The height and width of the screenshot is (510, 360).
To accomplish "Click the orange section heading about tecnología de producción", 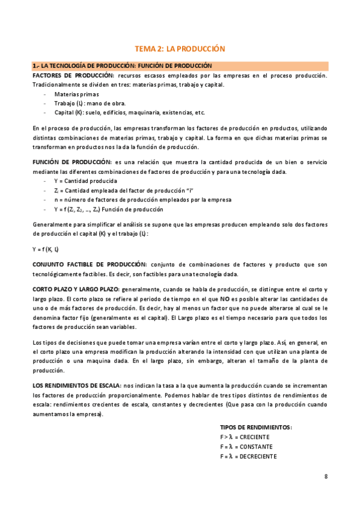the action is click(x=122, y=65).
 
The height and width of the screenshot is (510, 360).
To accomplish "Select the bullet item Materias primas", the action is click(x=76, y=94).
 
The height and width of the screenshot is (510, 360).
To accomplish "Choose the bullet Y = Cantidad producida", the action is click(x=85, y=181).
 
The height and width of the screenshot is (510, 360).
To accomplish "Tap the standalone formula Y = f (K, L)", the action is click(x=46, y=249).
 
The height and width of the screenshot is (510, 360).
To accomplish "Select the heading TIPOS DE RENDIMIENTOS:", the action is click(x=256, y=427).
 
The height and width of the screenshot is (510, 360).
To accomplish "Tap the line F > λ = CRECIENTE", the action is click(x=245, y=437).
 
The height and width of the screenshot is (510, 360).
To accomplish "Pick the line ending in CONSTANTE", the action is click(x=246, y=447).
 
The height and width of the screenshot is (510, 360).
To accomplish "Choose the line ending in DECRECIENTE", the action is click(x=248, y=456).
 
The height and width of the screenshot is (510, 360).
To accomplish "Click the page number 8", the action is click(x=326, y=477).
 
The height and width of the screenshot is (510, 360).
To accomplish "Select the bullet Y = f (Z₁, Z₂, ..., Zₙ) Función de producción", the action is click(x=108, y=209).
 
